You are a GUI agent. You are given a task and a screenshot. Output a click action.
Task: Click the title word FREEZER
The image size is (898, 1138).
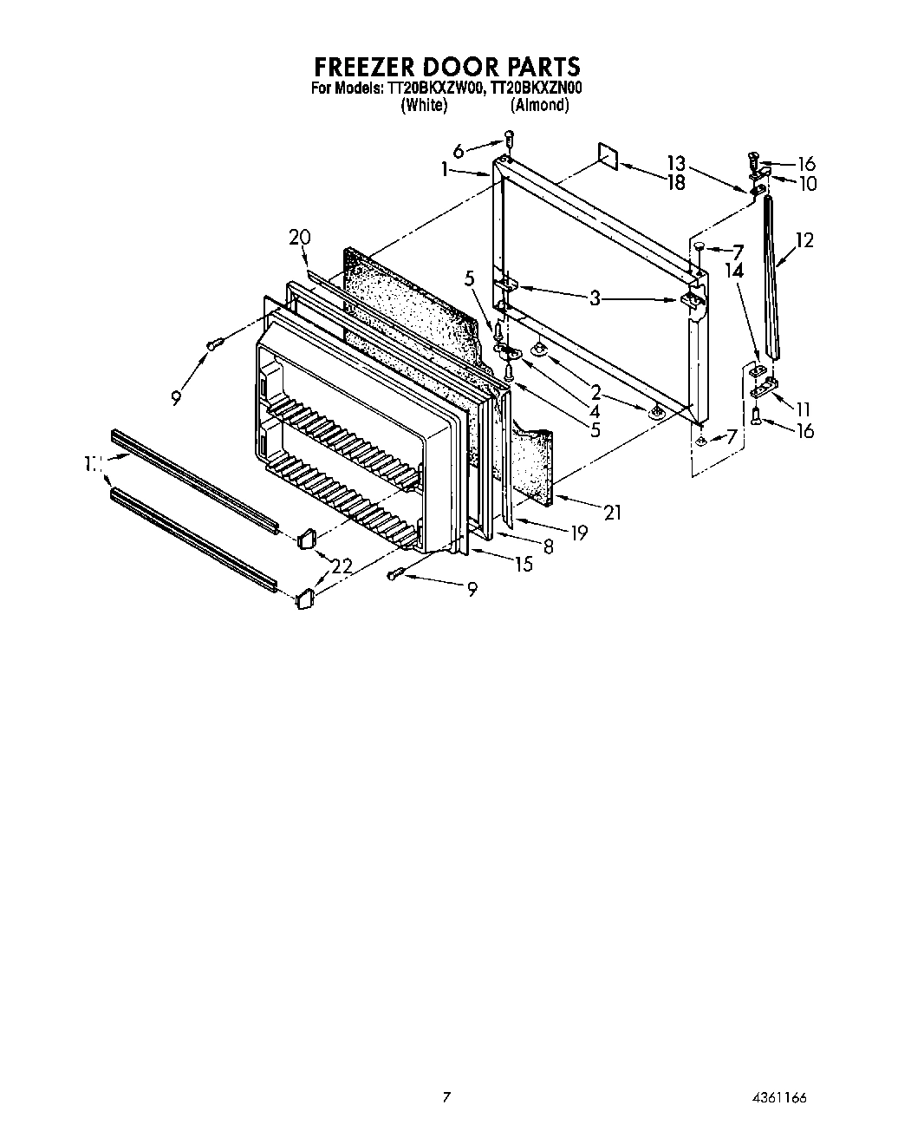coord(371,66)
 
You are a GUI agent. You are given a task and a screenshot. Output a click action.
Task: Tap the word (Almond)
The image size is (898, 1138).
coord(539,105)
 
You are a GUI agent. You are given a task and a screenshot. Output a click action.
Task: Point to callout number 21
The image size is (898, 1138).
coord(613,513)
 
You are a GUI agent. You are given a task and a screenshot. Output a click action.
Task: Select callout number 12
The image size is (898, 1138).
coord(804,240)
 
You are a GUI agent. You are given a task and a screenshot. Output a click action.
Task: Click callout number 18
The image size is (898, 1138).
coord(676,182)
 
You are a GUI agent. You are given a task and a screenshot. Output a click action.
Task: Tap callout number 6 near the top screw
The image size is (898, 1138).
coord(459,150)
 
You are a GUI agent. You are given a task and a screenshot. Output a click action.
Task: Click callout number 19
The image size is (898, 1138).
coord(578,533)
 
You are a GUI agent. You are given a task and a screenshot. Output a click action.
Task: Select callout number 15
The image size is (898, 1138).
coord(524,565)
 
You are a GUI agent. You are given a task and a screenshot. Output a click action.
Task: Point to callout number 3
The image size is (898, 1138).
coord(595,299)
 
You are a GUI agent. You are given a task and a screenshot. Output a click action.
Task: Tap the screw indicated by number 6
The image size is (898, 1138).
coord(510,137)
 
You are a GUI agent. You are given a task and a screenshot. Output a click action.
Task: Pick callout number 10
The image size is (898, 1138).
coord(808,184)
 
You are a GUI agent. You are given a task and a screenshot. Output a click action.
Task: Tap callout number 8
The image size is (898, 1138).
coord(548,546)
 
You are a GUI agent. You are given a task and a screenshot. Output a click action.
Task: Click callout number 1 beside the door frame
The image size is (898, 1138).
coord(445,171)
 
